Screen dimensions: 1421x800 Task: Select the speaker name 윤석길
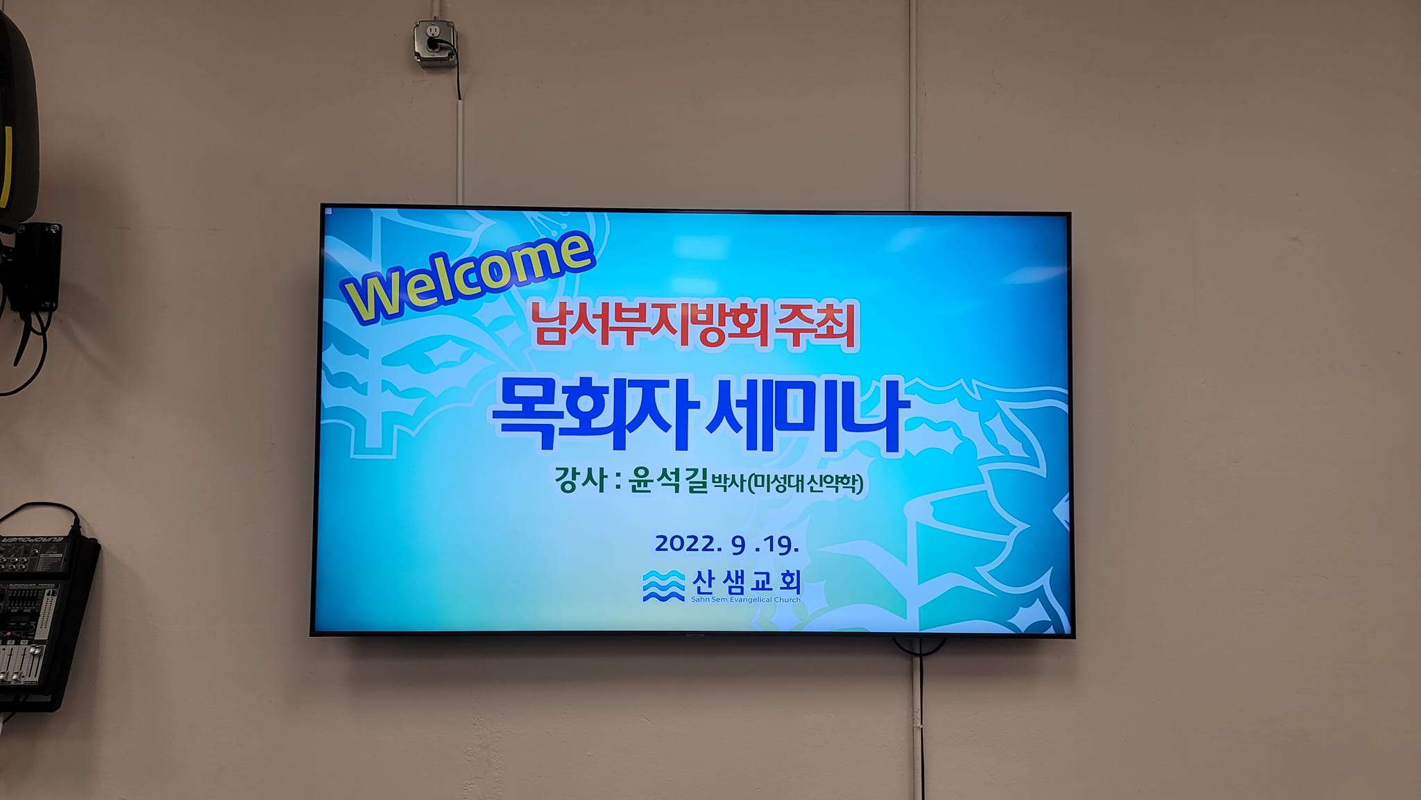tap(667, 480)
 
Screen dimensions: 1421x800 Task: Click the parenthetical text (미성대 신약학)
tap(806, 483)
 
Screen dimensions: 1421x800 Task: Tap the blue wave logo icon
tap(663, 586)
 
